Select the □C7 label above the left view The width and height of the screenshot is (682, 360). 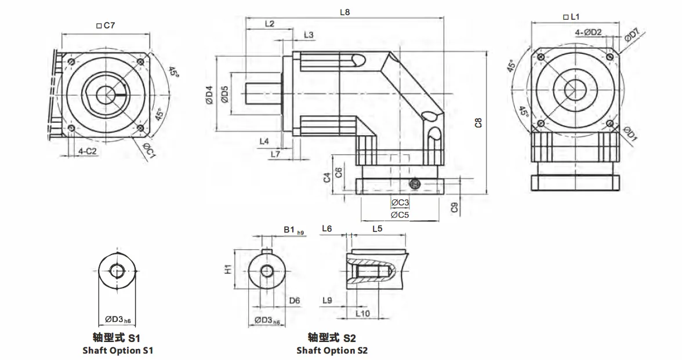(x=106, y=26)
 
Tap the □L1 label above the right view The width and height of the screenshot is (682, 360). (x=571, y=17)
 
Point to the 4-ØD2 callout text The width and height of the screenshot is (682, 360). (x=589, y=32)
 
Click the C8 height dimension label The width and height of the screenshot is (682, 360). (x=478, y=122)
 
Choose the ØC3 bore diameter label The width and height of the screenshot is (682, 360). (x=400, y=202)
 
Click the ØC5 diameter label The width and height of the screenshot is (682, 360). (x=400, y=214)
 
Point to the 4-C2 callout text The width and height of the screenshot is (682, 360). (x=87, y=151)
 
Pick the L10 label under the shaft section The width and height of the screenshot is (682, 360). (x=362, y=313)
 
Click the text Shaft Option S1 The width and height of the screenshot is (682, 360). (x=118, y=350)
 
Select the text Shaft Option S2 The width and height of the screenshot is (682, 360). (x=332, y=350)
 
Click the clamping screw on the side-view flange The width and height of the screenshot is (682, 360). (x=415, y=184)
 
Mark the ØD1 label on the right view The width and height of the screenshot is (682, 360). (x=630, y=134)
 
